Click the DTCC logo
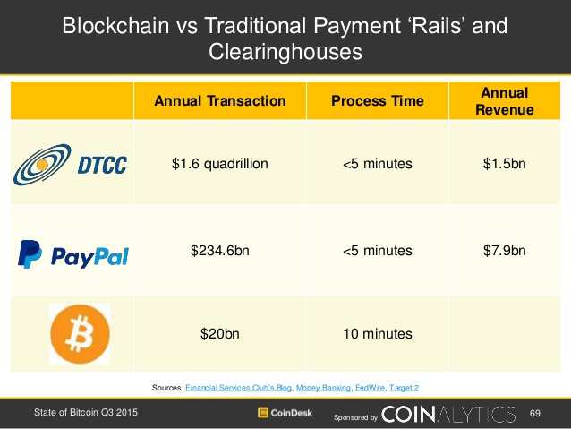pyautogui.click(x=71, y=165)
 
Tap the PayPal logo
pyautogui.click(x=73, y=254)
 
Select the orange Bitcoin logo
pyautogui.click(x=80, y=334)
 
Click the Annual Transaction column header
pyautogui.click(x=220, y=101)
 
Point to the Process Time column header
pyautogui.click(x=378, y=101)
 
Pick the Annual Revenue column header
pyautogui.click(x=505, y=101)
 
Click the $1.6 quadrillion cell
pyautogui.click(x=220, y=164)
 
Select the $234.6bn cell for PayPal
pyautogui.click(x=220, y=251)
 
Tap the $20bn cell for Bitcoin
pyautogui.click(x=220, y=334)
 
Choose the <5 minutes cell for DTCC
pyautogui.click(x=378, y=164)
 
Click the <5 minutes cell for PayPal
pyautogui.click(x=378, y=251)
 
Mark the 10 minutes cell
pyautogui.click(x=378, y=334)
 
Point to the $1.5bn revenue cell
pyautogui.click(x=505, y=164)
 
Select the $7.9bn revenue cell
pyautogui.click(x=505, y=251)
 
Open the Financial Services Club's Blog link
pyautogui.click(x=239, y=388)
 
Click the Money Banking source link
pyautogui.click(x=323, y=388)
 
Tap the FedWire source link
pyautogui.click(x=370, y=388)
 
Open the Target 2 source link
pyautogui.click(x=404, y=388)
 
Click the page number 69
pyautogui.click(x=535, y=413)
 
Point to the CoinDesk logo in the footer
pyautogui.click(x=285, y=413)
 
